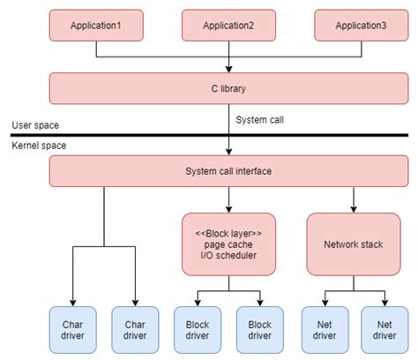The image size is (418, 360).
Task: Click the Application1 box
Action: (94, 26)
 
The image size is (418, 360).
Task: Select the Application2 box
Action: (228, 26)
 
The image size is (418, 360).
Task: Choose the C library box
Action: (228, 88)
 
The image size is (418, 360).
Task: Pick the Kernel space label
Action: (38, 145)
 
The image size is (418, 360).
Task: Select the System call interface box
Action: (228, 170)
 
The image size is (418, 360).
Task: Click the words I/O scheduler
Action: (228, 256)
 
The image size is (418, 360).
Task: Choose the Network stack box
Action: (353, 244)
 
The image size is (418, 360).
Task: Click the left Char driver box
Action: (72, 329)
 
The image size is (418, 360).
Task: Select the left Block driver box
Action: (198, 329)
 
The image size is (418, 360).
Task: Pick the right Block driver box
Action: (259, 329)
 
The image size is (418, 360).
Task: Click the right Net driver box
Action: (384, 329)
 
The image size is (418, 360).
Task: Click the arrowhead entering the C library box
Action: (228, 69)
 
